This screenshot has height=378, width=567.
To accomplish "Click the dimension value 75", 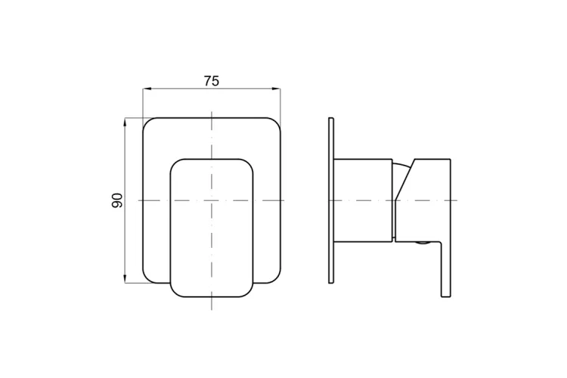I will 211,81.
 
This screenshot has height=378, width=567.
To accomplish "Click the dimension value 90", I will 117,200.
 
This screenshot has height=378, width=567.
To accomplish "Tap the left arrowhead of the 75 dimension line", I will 147,89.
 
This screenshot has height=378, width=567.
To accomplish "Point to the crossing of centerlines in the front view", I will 212,200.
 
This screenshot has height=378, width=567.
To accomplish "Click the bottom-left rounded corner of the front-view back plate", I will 148,277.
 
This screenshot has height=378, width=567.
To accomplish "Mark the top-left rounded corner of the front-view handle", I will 176,164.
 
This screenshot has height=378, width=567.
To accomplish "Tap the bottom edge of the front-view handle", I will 212,296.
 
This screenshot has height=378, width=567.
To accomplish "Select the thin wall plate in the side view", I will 331,200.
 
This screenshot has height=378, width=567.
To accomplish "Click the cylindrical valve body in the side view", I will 363,200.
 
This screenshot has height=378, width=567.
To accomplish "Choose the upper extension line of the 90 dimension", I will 134,118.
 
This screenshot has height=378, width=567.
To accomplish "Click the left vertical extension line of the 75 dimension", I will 143,102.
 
